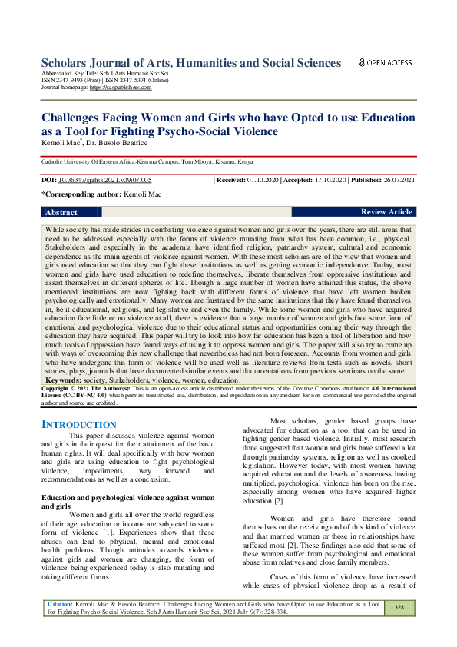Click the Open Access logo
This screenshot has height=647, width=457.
(385, 63)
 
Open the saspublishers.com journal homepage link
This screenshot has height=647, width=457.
(121, 88)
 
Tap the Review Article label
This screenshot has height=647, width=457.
(386, 212)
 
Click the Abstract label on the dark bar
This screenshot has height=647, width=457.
(61, 212)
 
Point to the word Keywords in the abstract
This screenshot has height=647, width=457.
(64, 380)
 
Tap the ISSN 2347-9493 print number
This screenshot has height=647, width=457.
(65, 81)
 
